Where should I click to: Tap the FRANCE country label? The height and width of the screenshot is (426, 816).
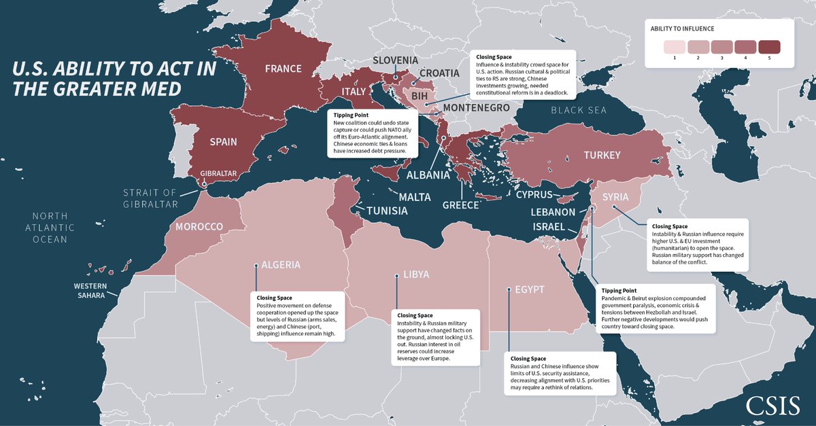pos(283,69)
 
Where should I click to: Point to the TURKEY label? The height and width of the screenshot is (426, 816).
pos(602,156)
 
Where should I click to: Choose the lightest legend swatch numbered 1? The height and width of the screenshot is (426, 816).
pos(674,47)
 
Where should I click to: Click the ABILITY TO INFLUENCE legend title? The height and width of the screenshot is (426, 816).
pos(682,29)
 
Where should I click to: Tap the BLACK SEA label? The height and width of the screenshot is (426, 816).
pos(579,110)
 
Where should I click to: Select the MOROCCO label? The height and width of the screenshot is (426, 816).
pos(199,226)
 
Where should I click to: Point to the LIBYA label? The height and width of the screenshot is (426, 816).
pos(416,275)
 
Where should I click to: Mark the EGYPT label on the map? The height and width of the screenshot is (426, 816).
pos(530,289)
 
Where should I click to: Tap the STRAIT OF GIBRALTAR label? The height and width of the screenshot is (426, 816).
pos(150,198)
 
